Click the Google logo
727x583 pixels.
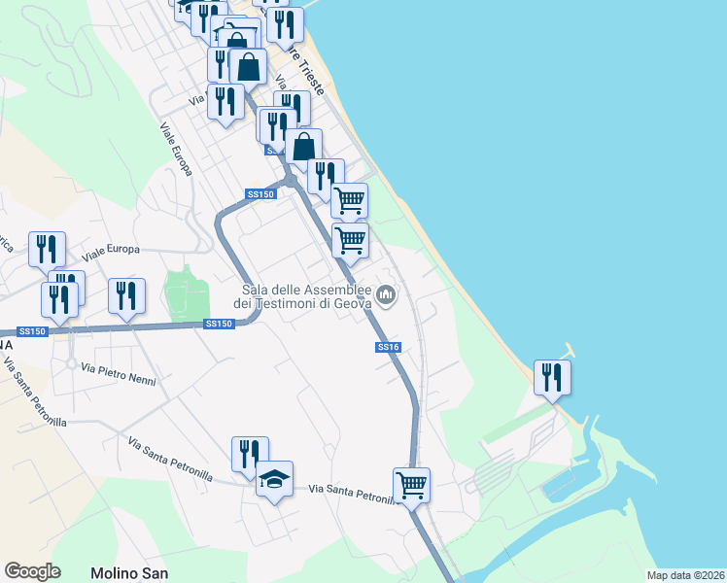coord(32,571)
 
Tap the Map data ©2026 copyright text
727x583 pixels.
coord(684,575)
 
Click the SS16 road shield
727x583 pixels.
coord(387,347)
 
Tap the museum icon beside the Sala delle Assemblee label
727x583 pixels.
coord(387,293)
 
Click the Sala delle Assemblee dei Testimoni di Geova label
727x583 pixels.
coord(306,297)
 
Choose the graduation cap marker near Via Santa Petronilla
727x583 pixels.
coord(275,478)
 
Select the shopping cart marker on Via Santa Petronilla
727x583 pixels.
coord(411,484)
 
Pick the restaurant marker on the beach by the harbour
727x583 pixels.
coord(552,377)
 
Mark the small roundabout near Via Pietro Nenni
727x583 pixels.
coord(71,364)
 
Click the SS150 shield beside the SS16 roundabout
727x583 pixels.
coord(261,194)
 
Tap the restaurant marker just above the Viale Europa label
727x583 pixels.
coord(47,249)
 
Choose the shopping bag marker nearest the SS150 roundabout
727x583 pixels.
coord(303,147)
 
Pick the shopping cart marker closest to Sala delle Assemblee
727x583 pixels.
coord(350,240)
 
